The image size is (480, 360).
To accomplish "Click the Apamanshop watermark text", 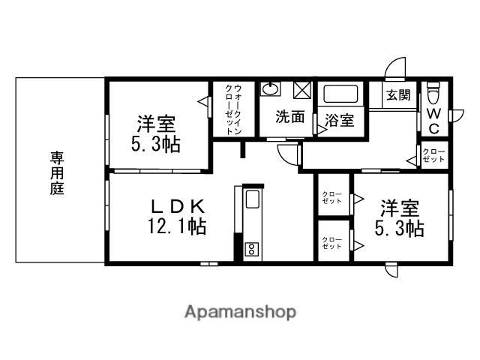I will pyautogui.click(x=240, y=312).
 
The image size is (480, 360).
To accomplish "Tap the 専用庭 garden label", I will pyautogui.click(x=58, y=172).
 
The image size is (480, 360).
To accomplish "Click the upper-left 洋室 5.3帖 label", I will pyautogui.click(x=156, y=133).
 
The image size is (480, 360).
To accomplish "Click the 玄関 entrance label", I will pyautogui.click(x=398, y=95).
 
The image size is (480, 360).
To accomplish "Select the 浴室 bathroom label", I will pyautogui.click(x=340, y=120).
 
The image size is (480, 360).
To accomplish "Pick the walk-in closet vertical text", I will pyautogui.click(x=233, y=109).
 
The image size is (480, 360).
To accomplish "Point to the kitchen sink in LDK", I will pyautogui.click(x=253, y=201).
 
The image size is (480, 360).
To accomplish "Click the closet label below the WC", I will pyautogui.click(x=433, y=155).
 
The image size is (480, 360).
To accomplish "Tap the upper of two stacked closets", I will pyautogui.click(x=331, y=199).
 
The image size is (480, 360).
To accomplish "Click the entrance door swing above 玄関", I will pyautogui.click(x=394, y=69).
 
